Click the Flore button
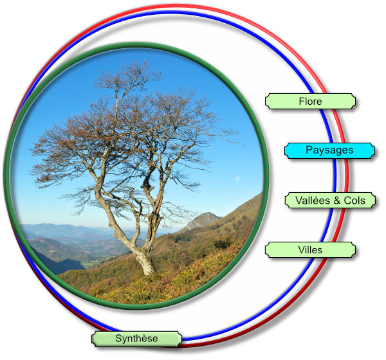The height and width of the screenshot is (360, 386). click(310, 102)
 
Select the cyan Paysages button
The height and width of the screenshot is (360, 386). click(329, 150)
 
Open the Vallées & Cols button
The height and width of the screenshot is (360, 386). click(330, 201)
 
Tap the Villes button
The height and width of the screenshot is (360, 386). click(310, 249)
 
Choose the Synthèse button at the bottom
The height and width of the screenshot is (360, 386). click(136, 338)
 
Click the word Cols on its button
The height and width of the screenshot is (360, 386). click(354, 201)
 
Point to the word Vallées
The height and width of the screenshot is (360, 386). click(312, 201)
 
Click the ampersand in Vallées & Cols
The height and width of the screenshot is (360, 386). click(337, 201)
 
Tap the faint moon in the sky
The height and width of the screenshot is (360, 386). click(237, 179)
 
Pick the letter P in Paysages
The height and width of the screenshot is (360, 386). click(309, 150)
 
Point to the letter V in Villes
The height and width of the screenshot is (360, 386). click(301, 249)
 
